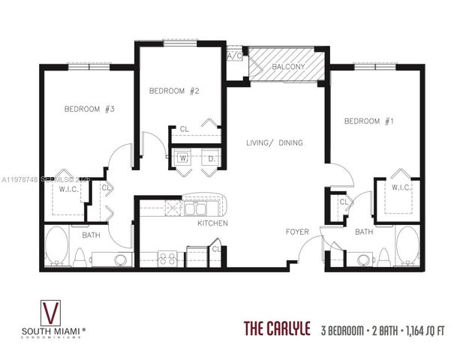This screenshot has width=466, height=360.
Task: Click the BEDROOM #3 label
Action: coord(89,109)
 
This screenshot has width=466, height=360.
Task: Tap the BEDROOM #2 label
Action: coord(173,91)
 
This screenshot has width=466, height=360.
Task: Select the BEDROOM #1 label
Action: coord(368,121)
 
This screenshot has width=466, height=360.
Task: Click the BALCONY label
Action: coord(288,67)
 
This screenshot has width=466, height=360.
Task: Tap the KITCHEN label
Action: coord(212,223)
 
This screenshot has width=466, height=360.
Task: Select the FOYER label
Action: coord(298,232)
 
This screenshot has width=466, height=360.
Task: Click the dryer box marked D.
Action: coord(212,159)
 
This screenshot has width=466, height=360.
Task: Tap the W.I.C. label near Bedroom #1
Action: coord(401,187)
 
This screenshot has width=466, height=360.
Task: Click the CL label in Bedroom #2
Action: coord(184,129)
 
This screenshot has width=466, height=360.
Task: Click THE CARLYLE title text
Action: coord(278,328)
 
